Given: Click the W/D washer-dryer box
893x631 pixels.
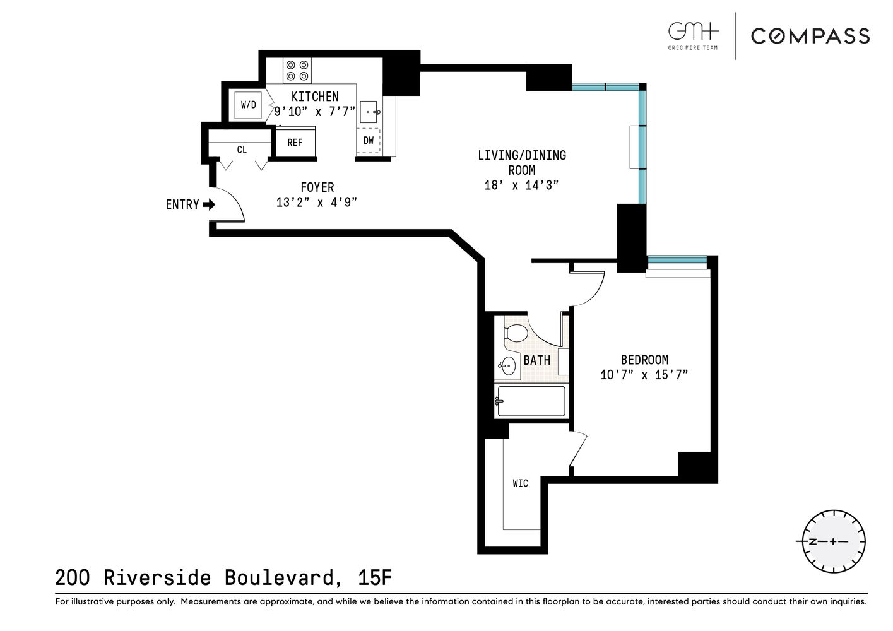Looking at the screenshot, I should coord(249,105).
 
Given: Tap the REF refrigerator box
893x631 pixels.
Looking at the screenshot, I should coord(295,143).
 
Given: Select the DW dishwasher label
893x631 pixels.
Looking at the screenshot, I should coord(369,141).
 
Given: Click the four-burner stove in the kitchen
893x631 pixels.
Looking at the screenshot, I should coord(297,70).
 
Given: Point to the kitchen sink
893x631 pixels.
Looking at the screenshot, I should coord(369,112).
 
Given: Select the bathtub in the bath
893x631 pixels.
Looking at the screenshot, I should coord(531,401).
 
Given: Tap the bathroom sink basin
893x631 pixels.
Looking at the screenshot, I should coord(507,365).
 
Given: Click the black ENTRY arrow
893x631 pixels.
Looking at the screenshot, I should coord(209,204).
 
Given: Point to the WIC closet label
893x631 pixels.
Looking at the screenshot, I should coord(520,483).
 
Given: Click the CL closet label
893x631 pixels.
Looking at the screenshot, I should coord(242,150).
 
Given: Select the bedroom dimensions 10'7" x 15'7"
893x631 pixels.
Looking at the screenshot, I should coord(644,375).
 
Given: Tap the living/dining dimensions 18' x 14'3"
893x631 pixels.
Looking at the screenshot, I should coord(521,186).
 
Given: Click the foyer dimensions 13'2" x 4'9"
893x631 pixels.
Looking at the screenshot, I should coord(317,203).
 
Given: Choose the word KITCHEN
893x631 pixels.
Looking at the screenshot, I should coord(315,97).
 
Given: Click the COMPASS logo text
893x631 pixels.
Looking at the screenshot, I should coord(810,36).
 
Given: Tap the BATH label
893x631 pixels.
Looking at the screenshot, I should coord(536,360).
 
